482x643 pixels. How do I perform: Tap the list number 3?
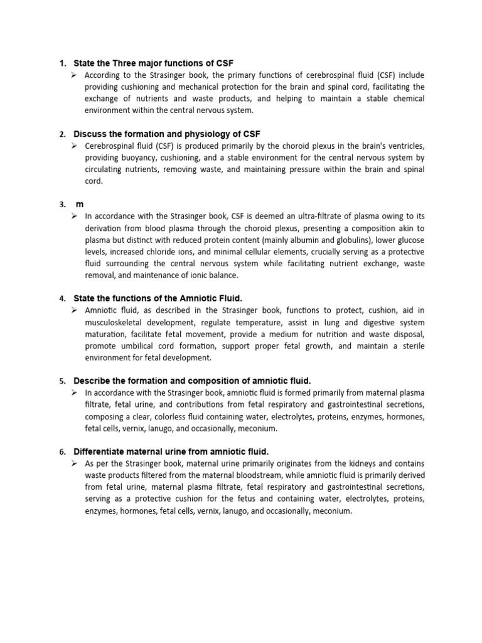[62, 205]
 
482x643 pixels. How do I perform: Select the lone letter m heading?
[79, 205]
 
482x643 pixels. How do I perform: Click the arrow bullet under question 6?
[74, 463]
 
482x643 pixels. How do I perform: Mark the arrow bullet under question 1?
[74, 75]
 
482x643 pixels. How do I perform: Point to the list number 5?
[62, 381]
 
